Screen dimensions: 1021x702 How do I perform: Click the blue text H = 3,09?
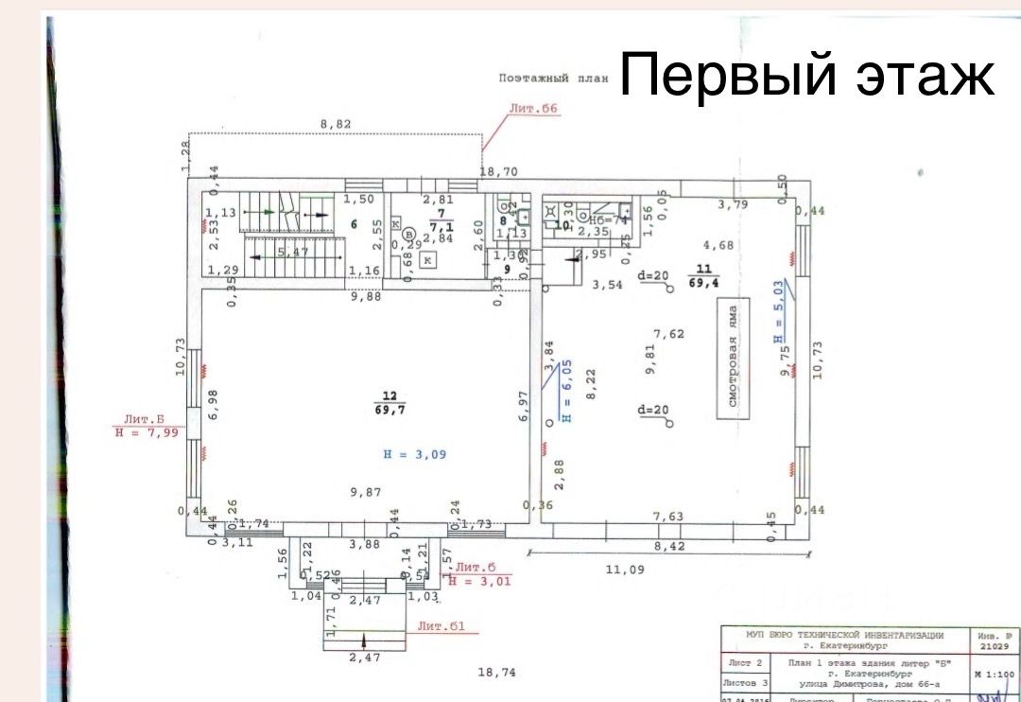click(x=414, y=454)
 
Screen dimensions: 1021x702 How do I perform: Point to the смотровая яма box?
click(x=732, y=357)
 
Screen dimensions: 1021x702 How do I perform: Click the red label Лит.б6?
click(x=534, y=109)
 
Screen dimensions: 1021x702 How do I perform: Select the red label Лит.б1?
click(x=441, y=625)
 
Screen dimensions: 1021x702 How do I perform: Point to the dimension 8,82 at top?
click(x=336, y=124)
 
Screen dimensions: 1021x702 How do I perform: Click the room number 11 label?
click(x=702, y=268)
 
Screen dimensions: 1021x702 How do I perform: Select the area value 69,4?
click(x=702, y=283)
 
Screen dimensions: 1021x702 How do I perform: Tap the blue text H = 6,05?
click(x=566, y=391)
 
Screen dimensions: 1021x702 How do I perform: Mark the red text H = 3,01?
click(x=479, y=581)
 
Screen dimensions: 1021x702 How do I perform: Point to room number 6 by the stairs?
click(x=353, y=224)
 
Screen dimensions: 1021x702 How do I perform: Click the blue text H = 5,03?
click(x=777, y=310)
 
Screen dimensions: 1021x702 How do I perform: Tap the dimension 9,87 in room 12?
click(x=366, y=492)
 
